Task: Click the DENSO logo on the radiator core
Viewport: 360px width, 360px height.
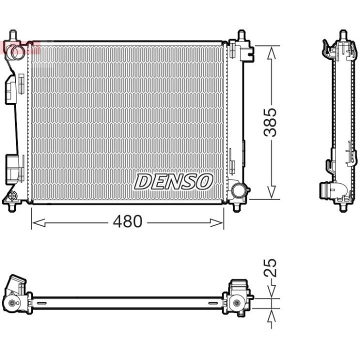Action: [x=173, y=181]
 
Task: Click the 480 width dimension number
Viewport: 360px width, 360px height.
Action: [x=127, y=221]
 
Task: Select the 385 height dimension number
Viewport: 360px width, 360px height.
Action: [x=270, y=122]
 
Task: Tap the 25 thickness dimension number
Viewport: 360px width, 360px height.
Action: [x=270, y=267]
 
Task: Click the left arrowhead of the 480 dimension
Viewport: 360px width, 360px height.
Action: [x=38, y=222]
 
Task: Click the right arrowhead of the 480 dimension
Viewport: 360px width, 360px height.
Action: [x=216, y=222]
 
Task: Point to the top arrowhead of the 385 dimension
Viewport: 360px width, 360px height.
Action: [x=271, y=52]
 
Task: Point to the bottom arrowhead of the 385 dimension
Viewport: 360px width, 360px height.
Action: [x=271, y=192]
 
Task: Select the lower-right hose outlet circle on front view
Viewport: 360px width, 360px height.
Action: [x=238, y=190]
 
